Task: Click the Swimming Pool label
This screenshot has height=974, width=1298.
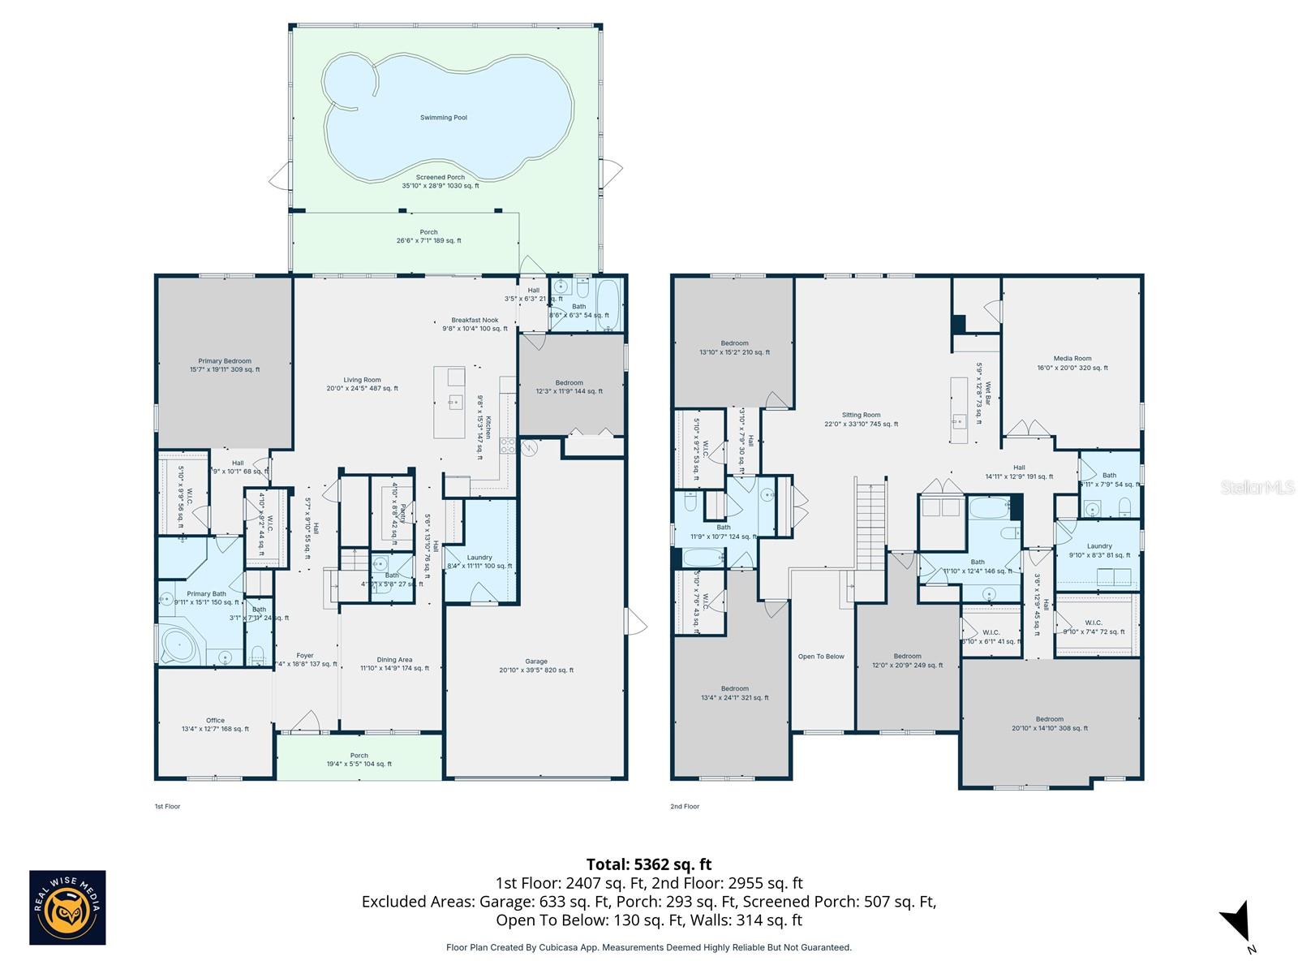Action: [443, 118]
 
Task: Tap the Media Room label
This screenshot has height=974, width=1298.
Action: [1072, 359]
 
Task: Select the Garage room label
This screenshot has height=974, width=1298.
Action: [535, 662]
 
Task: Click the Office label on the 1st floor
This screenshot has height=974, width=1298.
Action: [215, 721]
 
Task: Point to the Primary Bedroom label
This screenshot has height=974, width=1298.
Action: [225, 361]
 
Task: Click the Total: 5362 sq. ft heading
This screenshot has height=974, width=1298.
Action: [648, 864]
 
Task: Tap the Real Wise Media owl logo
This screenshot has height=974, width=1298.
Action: [67, 907]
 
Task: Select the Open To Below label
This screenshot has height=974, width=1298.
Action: [821, 657]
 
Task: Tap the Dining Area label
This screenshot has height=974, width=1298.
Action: [394, 660]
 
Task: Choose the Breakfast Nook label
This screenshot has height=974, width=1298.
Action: [475, 321]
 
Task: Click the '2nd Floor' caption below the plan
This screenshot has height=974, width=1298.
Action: [684, 807]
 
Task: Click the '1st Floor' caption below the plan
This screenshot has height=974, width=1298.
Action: [167, 807]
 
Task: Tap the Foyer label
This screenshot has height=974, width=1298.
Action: [304, 656]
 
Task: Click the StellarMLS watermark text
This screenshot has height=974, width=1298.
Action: [1258, 487]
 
